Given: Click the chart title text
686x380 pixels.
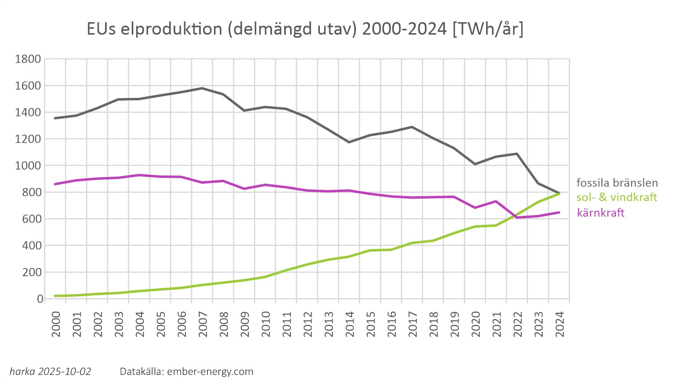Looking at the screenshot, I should pyautogui.click(x=305, y=29).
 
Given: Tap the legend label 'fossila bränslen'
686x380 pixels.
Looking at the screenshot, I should pyautogui.click(x=617, y=183).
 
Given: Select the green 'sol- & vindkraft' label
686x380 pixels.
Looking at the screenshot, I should pyautogui.click(x=617, y=197).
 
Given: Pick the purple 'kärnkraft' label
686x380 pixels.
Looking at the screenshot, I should pyautogui.click(x=601, y=213).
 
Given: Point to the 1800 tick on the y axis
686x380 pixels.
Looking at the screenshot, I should pyautogui.click(x=28, y=59).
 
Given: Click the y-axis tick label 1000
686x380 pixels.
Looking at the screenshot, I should pyautogui.click(x=28, y=166).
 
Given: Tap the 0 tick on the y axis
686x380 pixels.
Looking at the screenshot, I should pyautogui.click(x=40, y=299).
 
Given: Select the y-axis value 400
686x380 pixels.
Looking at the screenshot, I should pyautogui.click(x=31, y=246).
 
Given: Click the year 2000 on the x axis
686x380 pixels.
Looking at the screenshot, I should pyautogui.click(x=56, y=324).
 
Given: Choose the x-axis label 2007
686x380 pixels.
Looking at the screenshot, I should pyautogui.click(x=203, y=324).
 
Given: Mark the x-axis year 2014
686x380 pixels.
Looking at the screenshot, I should pyautogui.click(x=349, y=324).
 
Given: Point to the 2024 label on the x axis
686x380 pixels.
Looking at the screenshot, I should pyautogui.click(x=559, y=324).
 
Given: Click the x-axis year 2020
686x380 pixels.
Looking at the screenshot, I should pyautogui.click(x=475, y=324).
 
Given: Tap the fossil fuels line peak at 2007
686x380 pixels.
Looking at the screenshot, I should pyautogui.click(x=202, y=88).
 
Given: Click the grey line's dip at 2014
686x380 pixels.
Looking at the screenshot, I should pyautogui.click(x=349, y=142).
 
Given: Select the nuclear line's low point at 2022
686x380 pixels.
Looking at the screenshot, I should pyautogui.click(x=517, y=217).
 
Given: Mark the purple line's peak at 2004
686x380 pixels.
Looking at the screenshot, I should pyautogui.click(x=139, y=175).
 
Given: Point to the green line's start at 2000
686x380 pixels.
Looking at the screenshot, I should pyautogui.click(x=55, y=296).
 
